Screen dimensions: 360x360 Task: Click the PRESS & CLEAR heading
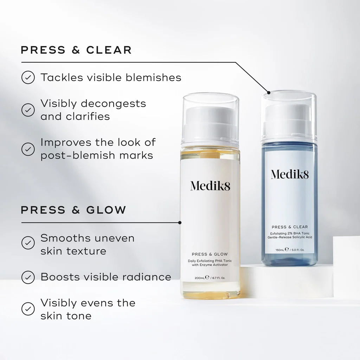(x=76, y=50)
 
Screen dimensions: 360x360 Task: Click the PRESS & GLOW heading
(x=73, y=210)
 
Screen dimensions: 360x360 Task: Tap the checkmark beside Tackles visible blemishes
(x=28, y=77)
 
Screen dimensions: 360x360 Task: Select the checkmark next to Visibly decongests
(x=28, y=110)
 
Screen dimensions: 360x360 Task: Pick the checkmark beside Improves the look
(x=28, y=149)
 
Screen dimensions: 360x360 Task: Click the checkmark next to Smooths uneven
(x=28, y=242)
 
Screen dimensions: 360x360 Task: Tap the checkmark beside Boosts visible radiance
(x=28, y=277)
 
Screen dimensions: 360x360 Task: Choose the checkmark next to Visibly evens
(x=28, y=309)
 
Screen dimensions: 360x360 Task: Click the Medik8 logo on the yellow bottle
(x=210, y=186)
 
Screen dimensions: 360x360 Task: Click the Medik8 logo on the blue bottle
(x=290, y=174)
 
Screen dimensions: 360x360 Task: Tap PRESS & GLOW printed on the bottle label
(x=210, y=254)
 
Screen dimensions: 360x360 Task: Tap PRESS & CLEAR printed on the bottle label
(x=290, y=227)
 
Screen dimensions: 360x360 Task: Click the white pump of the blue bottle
(x=289, y=121)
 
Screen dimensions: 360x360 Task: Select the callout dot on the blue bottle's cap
(x=269, y=93)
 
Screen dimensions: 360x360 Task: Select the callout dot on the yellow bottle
(x=180, y=223)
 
